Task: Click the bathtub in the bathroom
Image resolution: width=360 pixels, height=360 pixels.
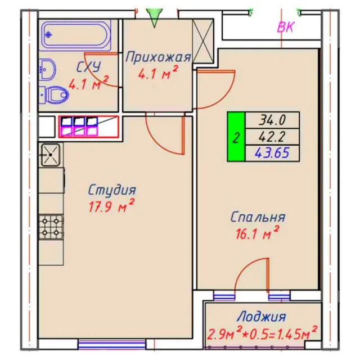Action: click(x=76, y=35)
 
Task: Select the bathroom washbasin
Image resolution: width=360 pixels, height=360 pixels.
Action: click(x=47, y=69)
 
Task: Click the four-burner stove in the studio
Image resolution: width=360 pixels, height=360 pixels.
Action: click(x=51, y=227)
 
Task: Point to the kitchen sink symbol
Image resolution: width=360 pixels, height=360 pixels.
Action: click(x=51, y=155)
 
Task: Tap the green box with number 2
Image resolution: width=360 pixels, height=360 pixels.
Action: click(x=236, y=137)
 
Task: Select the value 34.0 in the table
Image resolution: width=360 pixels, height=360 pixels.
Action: click(x=272, y=120)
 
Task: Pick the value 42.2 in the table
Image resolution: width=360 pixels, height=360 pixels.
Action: click(x=272, y=137)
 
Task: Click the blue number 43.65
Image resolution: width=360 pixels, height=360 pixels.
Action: click(x=272, y=153)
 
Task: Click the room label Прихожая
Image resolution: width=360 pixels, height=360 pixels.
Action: click(x=158, y=57)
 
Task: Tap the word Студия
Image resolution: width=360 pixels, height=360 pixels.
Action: click(x=112, y=190)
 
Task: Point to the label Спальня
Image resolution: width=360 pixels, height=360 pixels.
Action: click(x=258, y=217)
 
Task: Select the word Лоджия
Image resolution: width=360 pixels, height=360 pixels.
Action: click(x=261, y=317)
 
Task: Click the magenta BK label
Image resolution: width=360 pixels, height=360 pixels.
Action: click(x=286, y=27)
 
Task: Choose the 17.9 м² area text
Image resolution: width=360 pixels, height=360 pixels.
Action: click(x=111, y=206)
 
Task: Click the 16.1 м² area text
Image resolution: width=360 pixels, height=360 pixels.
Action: click(x=258, y=233)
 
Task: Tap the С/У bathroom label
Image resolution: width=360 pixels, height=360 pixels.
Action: click(x=89, y=67)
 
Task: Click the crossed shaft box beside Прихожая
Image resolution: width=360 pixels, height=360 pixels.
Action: click(x=203, y=41)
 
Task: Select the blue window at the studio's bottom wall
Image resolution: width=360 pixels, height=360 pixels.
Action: click(x=112, y=344)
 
